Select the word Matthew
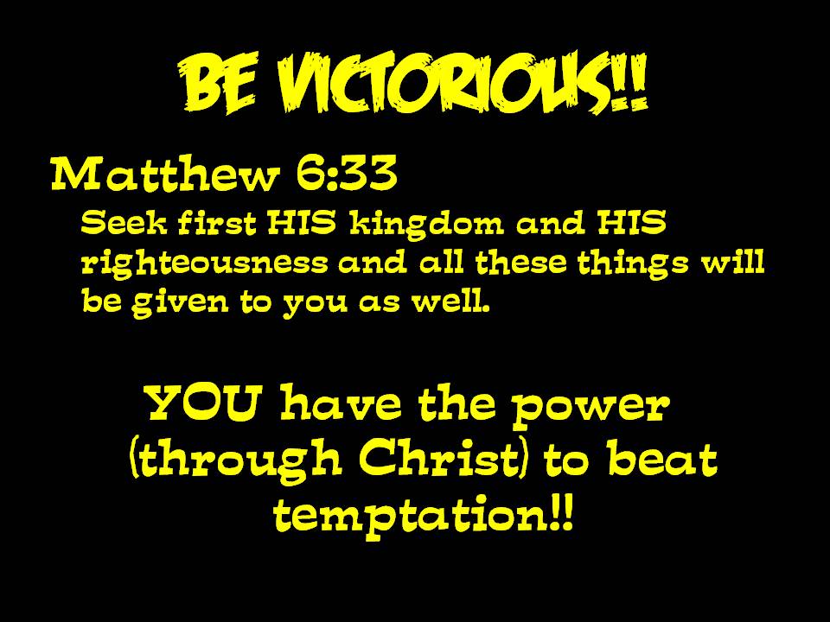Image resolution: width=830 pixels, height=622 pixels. click(164, 174)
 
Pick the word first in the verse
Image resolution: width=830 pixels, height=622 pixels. click(216, 222)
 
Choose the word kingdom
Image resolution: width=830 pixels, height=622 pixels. click(426, 225)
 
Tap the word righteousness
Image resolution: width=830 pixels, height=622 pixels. click(205, 263)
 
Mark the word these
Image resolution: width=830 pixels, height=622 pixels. click(520, 262)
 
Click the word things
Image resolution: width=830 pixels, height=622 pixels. click(633, 263)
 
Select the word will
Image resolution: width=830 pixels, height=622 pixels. click(733, 261)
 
